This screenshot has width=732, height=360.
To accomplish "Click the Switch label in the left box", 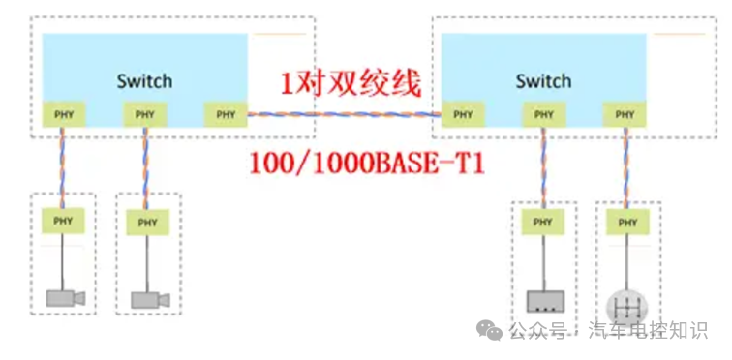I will click(144, 81).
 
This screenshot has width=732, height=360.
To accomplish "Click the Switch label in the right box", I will click(543, 81).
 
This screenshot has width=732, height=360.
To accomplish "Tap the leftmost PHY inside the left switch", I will click(63, 115).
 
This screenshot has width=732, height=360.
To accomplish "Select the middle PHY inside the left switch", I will click(145, 115).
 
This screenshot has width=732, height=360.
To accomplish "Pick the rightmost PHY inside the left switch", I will click(226, 115).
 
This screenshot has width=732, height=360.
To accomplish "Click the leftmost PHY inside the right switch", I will click(463, 115).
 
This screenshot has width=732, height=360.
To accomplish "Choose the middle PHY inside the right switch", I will click(543, 115).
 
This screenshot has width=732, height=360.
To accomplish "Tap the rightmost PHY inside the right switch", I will click(625, 115).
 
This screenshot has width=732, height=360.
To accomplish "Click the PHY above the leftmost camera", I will click(63, 222).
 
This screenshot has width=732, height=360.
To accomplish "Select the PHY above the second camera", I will click(147, 222).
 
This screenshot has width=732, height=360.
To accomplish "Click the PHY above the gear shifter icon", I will click(627, 224).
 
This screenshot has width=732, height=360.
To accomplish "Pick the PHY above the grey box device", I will click(543, 224).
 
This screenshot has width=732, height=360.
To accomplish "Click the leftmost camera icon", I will click(66, 298).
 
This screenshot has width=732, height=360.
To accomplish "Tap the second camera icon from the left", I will click(151, 300).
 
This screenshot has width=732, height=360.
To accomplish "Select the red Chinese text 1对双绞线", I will click(351, 84).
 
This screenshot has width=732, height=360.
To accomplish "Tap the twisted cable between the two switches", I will click(344, 115).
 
